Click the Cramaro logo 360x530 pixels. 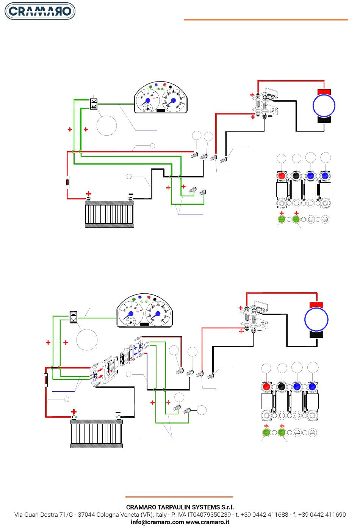click(40, 11)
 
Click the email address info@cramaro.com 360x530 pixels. click(157, 522)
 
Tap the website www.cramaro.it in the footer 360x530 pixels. click(207, 522)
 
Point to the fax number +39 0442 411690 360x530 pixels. click(322, 514)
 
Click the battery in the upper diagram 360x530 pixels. click(110, 214)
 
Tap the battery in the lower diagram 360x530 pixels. click(97, 434)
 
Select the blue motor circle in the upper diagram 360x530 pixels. click(324, 105)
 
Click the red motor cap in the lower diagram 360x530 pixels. click(316, 305)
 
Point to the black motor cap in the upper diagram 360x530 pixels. click(324, 120)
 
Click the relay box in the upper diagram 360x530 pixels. click(94, 104)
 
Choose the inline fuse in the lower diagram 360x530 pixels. click(46, 380)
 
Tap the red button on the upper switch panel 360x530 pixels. click(282, 176)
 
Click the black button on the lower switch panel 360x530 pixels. click(281, 387)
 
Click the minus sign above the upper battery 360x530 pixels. click(131, 194)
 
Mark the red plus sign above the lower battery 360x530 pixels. click(74, 412)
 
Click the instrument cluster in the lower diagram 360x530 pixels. click(144, 310)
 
